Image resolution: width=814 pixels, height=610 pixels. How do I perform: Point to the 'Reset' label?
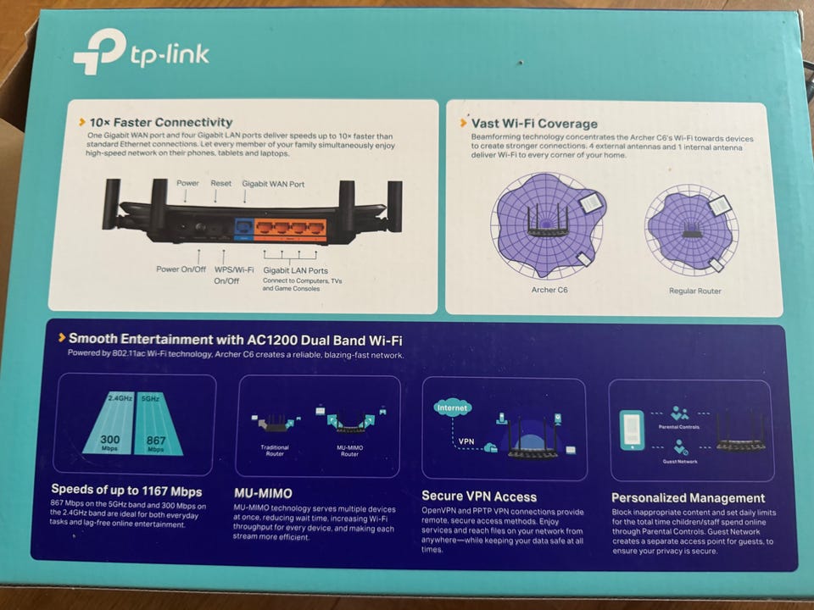point(220,183)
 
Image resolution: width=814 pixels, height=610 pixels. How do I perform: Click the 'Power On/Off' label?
point(181,269)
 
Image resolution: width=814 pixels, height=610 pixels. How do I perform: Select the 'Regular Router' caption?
point(694,291)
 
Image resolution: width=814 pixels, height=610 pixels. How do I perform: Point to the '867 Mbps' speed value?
point(155,443)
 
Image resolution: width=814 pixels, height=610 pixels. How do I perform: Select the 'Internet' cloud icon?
point(452,408)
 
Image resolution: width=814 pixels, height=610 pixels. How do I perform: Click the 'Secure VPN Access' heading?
point(479,496)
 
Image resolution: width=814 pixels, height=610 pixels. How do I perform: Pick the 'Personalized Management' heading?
point(688,498)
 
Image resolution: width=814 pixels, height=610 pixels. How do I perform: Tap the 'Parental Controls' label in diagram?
point(679,427)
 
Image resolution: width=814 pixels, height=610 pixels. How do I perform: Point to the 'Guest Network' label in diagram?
point(680,461)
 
